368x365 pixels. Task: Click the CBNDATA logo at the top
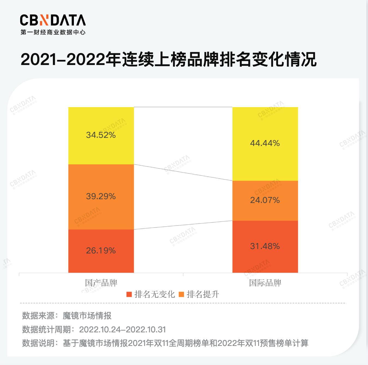[x=53, y=20]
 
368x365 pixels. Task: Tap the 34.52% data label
[x=101, y=135]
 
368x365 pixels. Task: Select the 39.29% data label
[x=101, y=196]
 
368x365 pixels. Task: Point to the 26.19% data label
[x=101, y=250]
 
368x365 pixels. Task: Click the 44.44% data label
[x=265, y=143]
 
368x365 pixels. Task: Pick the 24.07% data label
[x=265, y=200]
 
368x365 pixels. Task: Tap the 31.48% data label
[x=265, y=246]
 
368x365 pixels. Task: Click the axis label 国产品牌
[x=101, y=283]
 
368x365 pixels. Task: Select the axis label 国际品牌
[x=265, y=283]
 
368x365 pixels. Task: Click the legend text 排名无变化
[x=155, y=294]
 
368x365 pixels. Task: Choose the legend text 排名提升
[x=203, y=294]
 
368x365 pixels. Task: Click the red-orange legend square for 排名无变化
[x=129, y=294]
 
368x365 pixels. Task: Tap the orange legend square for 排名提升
[x=181, y=294]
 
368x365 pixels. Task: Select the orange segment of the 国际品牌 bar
[x=265, y=190]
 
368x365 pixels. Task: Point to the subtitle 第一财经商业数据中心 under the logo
[x=53, y=32]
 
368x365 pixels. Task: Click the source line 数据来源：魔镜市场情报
[x=67, y=316]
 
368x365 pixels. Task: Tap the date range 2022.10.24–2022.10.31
[x=122, y=330]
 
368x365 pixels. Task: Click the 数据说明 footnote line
[x=165, y=343]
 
